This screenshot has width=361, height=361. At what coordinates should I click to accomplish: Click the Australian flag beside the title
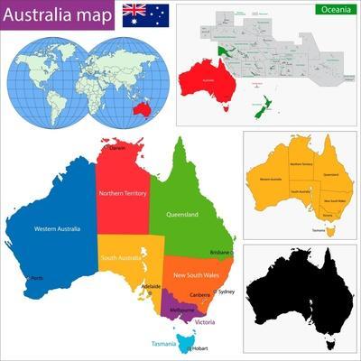(x=145, y=14)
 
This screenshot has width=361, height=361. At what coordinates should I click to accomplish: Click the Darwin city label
(x=116, y=149)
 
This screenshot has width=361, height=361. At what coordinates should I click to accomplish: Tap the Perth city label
(x=37, y=278)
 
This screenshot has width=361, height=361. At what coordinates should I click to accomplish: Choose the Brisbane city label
(x=220, y=253)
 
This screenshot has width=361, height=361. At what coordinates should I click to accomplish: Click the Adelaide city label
(x=151, y=286)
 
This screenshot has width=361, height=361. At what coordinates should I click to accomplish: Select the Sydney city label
(x=227, y=292)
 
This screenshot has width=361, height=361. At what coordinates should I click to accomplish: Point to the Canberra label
(x=200, y=295)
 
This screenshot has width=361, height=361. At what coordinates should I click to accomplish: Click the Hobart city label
(x=199, y=347)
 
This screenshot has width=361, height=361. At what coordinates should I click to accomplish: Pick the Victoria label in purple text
(x=205, y=322)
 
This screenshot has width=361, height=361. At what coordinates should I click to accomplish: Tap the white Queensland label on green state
(x=182, y=215)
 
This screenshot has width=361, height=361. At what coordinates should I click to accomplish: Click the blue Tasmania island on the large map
(x=188, y=341)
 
